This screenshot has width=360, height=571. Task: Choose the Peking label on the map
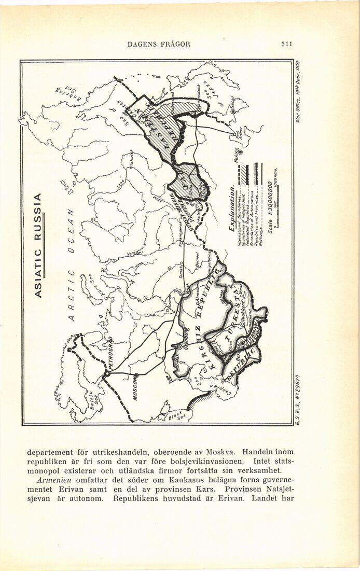click(238, 156)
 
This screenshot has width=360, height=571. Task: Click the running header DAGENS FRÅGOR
click(159, 44)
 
